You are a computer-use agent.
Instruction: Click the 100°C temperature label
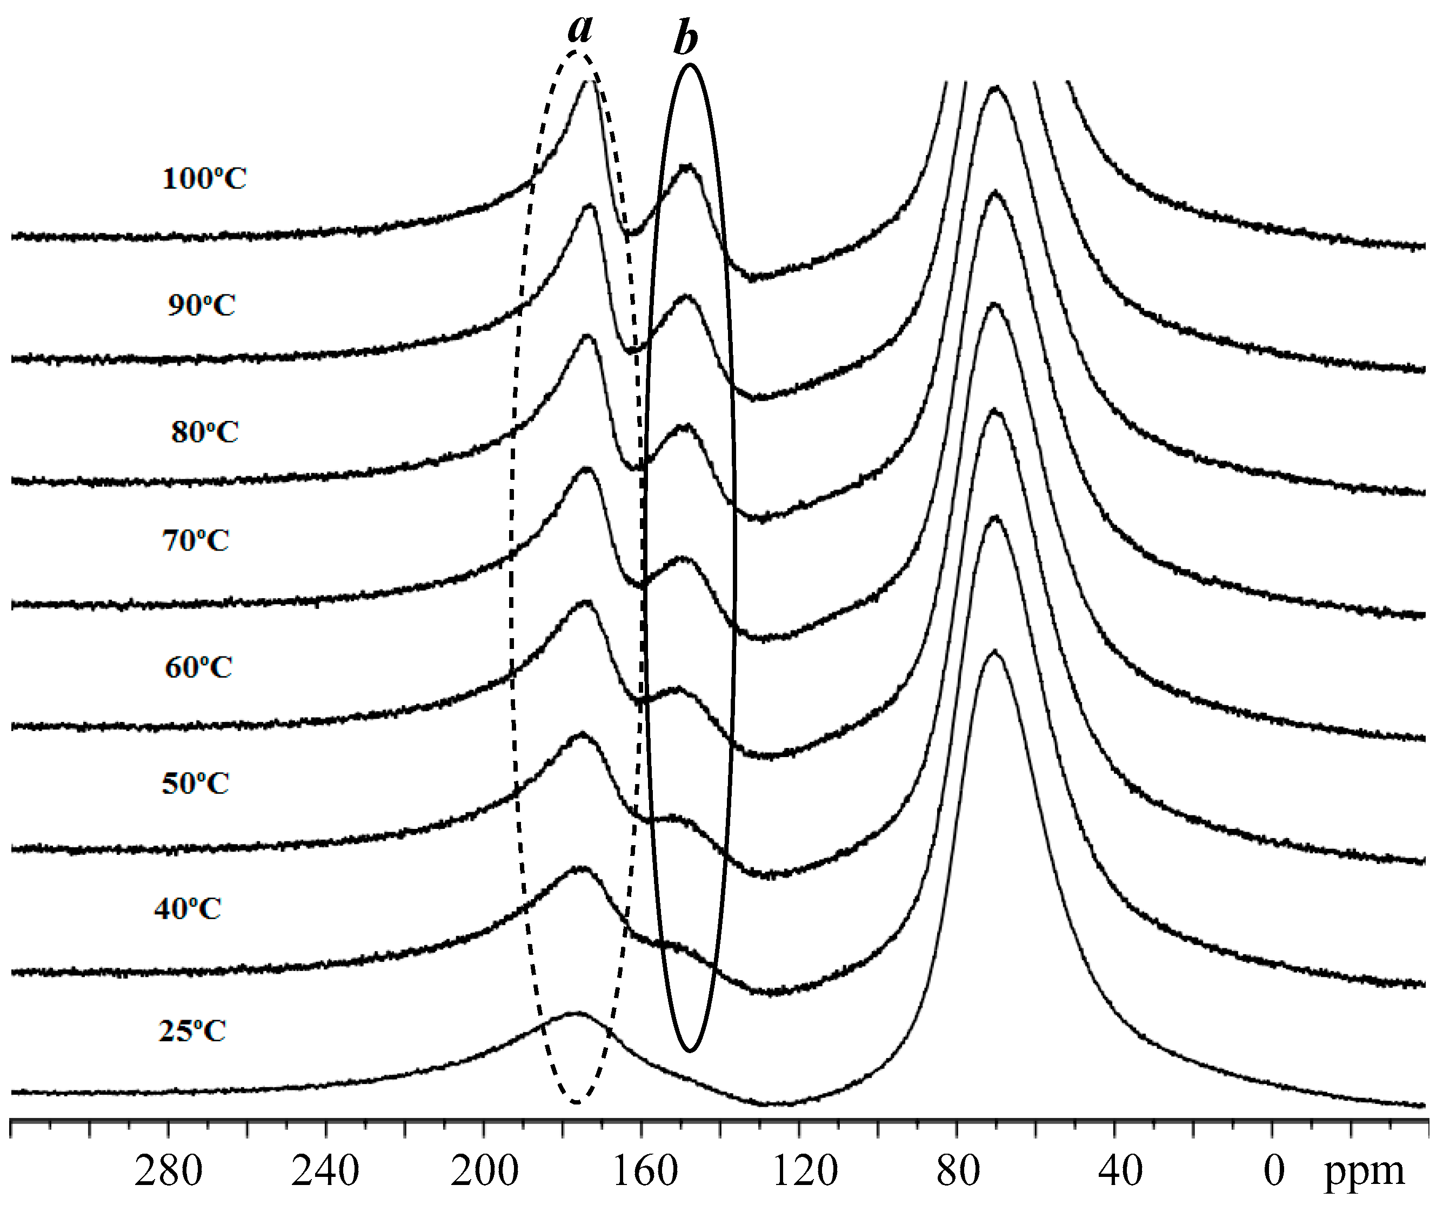(x=204, y=179)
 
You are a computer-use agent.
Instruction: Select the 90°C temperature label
(x=202, y=305)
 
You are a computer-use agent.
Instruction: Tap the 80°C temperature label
(x=205, y=432)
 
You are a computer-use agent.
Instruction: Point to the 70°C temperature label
(x=196, y=541)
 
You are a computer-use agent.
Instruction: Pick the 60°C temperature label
(x=198, y=667)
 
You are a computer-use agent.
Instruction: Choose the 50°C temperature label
(x=196, y=783)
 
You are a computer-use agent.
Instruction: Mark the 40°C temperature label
(x=188, y=909)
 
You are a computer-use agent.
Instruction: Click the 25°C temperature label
(x=192, y=1031)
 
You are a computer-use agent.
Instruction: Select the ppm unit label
(x=1364, y=1172)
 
